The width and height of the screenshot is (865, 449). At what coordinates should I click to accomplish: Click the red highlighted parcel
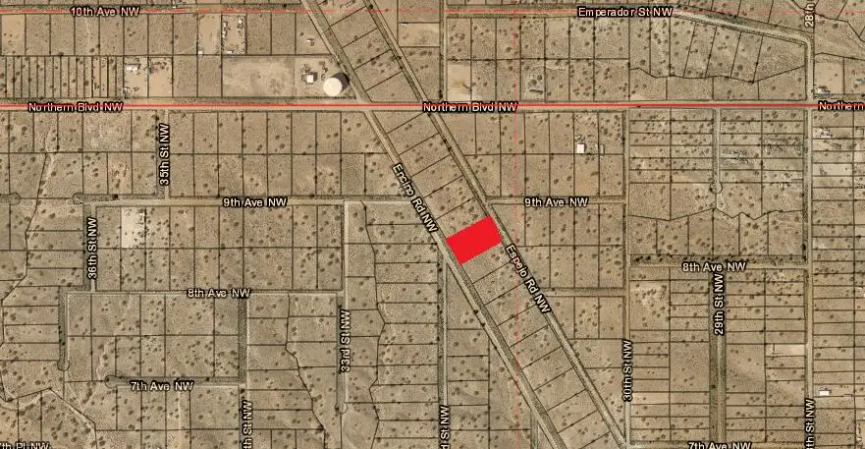pos(474,239)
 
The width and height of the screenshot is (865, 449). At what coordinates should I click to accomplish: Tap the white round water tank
pos(336,85)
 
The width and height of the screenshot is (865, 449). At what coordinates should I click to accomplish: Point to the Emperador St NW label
pos(625,12)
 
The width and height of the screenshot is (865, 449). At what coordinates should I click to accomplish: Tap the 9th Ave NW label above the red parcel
pos(555,201)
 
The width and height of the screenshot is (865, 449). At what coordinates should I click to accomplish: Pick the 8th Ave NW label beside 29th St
pos(715,266)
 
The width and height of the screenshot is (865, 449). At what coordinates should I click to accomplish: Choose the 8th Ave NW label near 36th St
pos(219,293)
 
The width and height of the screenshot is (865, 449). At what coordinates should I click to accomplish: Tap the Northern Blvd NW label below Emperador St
pos(469,106)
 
